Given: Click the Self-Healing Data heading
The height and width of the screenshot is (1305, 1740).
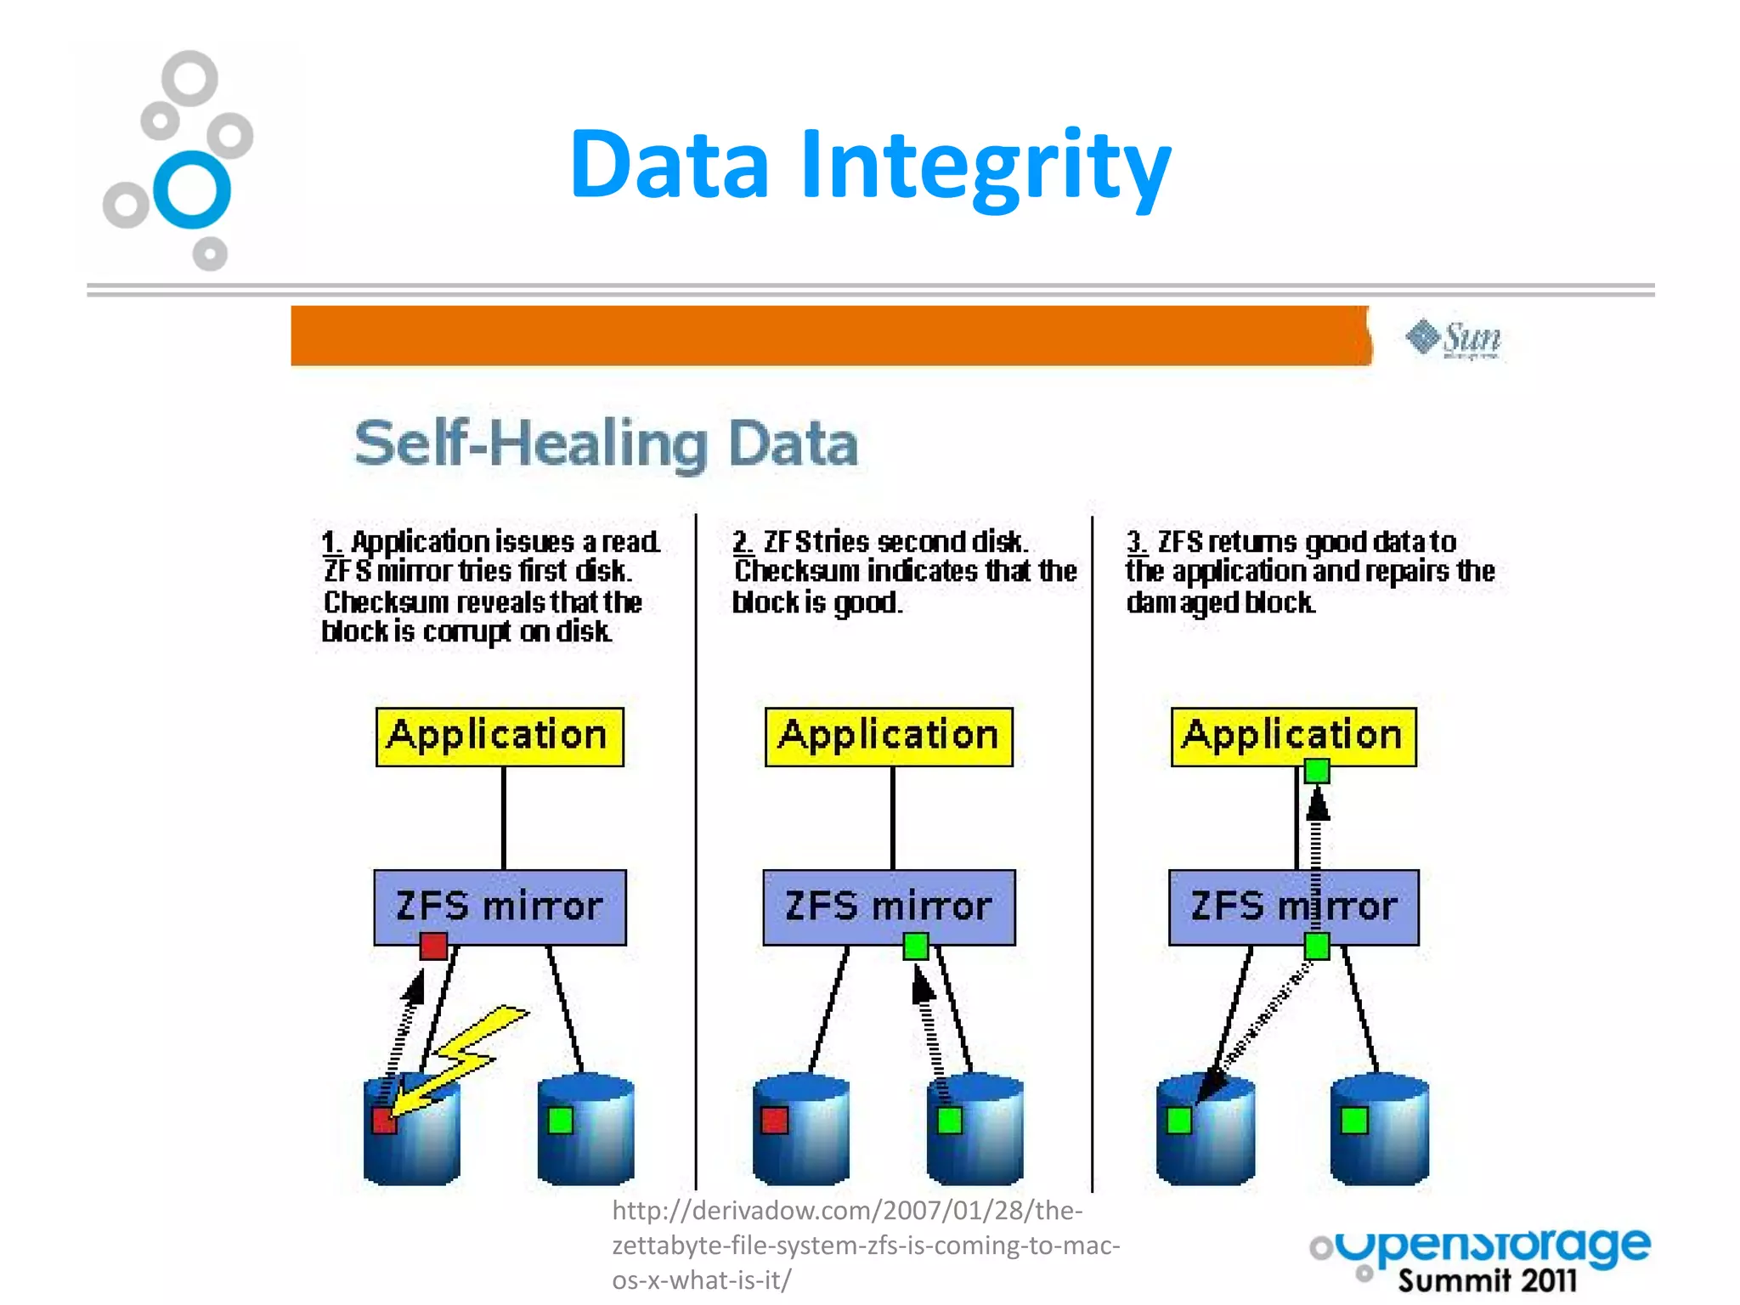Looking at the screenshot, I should (606, 443).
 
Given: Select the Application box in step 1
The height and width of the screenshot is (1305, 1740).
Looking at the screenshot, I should (500, 737).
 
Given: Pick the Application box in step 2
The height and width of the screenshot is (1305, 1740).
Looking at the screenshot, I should (889, 737).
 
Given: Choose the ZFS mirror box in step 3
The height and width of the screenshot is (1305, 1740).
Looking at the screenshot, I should (1293, 907).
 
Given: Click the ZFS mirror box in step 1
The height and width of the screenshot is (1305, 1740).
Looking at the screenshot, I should (500, 907).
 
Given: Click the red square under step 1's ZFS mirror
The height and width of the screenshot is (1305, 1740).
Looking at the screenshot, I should (433, 946).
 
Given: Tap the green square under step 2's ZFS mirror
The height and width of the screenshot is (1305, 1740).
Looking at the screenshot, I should (916, 946).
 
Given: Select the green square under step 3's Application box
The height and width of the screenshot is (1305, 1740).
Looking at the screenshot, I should (1317, 771).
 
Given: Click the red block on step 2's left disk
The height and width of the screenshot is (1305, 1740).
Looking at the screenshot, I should (774, 1121).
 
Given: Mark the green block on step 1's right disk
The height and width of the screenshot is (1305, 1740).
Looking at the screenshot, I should (561, 1121).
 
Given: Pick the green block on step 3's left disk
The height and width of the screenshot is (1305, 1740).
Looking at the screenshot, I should (1179, 1121).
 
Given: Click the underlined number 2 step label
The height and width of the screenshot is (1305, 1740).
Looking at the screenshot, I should (742, 541).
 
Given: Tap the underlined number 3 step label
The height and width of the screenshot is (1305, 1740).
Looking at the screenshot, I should (1136, 541).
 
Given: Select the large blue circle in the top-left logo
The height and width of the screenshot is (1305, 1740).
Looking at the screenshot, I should (192, 189).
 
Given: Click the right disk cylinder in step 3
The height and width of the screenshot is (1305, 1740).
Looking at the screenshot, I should (1379, 1130).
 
